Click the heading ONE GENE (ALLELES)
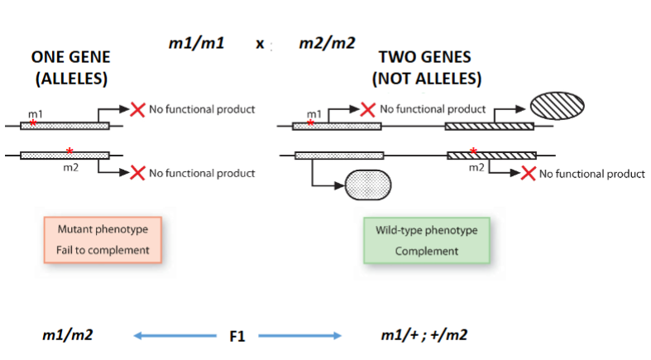pyautogui.click(x=70, y=68)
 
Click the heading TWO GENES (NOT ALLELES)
pyautogui.click(x=426, y=68)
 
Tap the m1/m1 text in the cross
pyautogui.click(x=195, y=42)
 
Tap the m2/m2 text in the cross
pyautogui.click(x=327, y=42)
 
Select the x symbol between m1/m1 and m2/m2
pyautogui.click(x=260, y=44)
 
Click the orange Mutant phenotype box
pyautogui.click(x=103, y=239)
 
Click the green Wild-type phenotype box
pyautogui.click(x=426, y=240)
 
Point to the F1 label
pyautogui.click(x=237, y=336)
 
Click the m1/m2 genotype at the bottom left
pyautogui.click(x=67, y=335)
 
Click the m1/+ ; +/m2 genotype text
pyautogui.click(x=426, y=335)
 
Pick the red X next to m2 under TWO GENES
pyautogui.click(x=527, y=173)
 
